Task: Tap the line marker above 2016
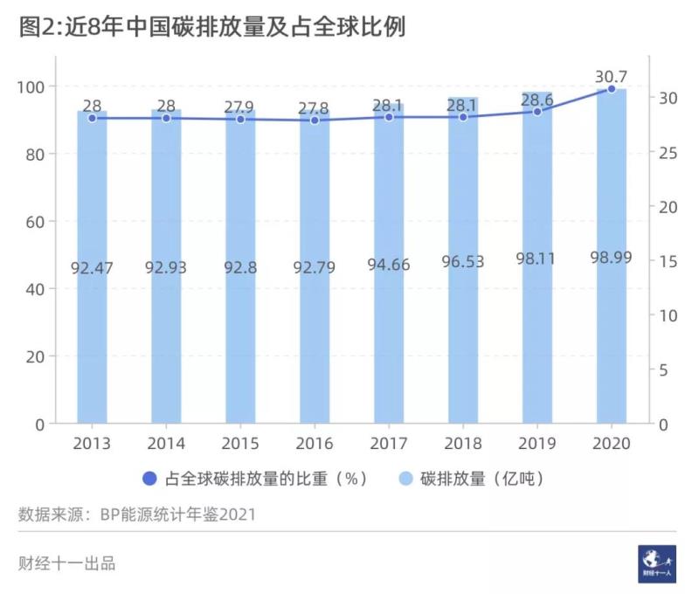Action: pyautogui.click(x=315, y=120)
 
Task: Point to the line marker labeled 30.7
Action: pyautogui.click(x=612, y=89)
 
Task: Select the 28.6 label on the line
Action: pyautogui.click(x=537, y=99)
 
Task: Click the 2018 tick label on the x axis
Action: pyautogui.click(x=463, y=444)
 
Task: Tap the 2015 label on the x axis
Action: pyautogui.click(x=240, y=444)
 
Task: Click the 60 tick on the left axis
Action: pyautogui.click(x=34, y=222)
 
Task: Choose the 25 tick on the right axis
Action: pyautogui.click(x=668, y=153)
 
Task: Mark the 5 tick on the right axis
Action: pyautogui.click(x=664, y=370)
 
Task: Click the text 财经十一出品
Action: pyautogui.click(x=66, y=563)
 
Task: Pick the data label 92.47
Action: pyautogui.click(x=92, y=267)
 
